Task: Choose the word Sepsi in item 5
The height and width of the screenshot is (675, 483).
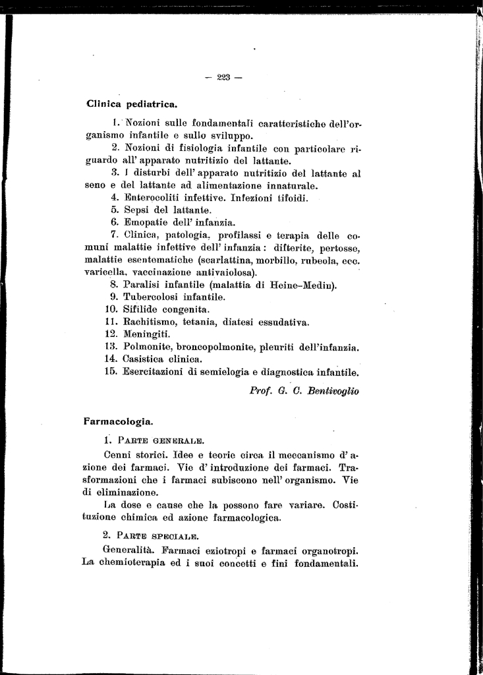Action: click(137, 210)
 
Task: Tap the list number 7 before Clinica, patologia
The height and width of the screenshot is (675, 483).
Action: click(114, 235)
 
